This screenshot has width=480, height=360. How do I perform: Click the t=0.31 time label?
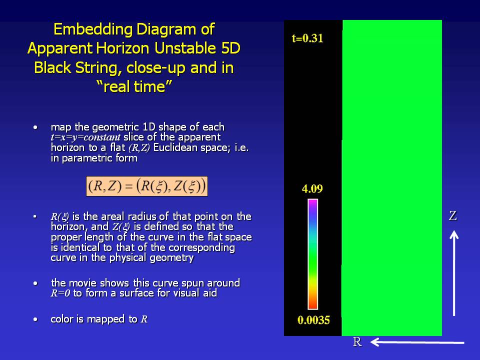click(x=307, y=38)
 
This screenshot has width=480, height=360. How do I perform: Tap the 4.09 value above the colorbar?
click(x=312, y=188)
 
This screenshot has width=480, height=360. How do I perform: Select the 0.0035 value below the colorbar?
click(x=313, y=320)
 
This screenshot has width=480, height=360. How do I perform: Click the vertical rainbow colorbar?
click(x=312, y=254)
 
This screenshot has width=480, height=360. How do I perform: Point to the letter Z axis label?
click(x=453, y=216)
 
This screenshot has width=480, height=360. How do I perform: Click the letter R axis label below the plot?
click(x=357, y=341)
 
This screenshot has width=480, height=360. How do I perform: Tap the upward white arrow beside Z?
click(x=454, y=273)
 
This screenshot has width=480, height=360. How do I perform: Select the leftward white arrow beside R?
click(x=417, y=342)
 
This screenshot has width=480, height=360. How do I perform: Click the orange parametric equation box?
click(x=147, y=186)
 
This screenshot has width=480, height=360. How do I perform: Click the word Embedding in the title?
click(x=93, y=29)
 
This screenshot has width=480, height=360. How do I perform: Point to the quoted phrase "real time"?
click(x=134, y=86)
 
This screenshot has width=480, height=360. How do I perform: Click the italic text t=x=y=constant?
click(x=85, y=137)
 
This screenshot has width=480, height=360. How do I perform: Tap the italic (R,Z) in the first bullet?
click(x=139, y=148)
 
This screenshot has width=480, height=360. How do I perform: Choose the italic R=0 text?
click(x=60, y=293)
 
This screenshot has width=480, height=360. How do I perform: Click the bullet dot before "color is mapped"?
click(x=35, y=319)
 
